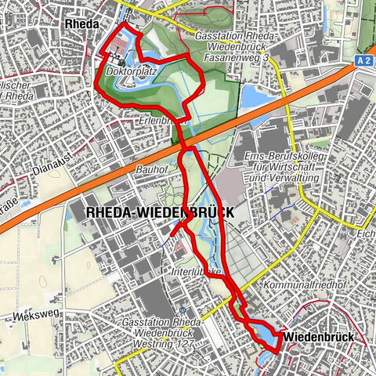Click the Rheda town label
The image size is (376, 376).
[81, 24]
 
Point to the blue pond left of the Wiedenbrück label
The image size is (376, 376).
[269, 338]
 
